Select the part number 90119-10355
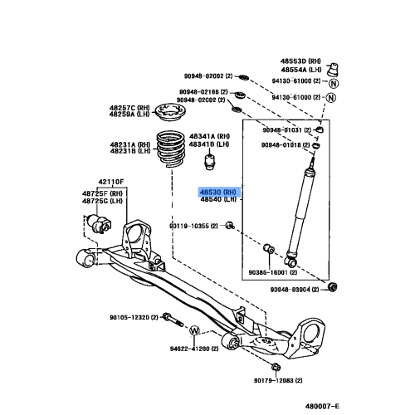pos(193,226)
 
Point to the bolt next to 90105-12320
pos(169,319)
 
